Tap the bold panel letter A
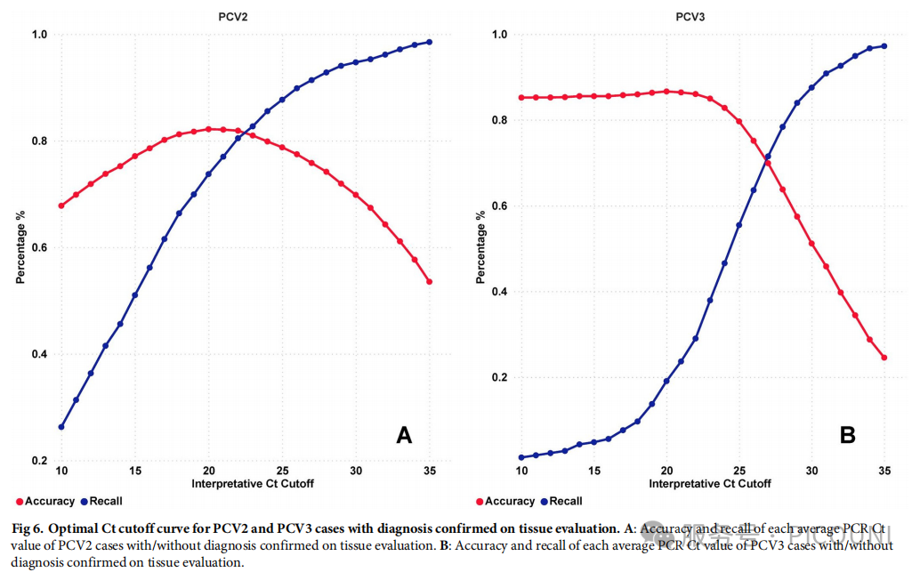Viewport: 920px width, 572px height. point(404,435)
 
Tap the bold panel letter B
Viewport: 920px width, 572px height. point(848,435)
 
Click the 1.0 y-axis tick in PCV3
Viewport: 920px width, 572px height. point(499,35)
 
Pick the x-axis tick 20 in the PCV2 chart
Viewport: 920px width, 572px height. point(208,470)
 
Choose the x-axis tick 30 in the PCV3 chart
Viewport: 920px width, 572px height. point(811,470)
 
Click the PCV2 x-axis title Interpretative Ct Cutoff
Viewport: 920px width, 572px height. point(252,484)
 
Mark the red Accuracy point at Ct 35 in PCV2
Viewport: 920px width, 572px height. point(429,282)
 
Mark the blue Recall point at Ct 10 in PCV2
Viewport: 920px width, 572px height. point(61,427)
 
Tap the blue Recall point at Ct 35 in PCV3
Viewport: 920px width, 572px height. point(884,46)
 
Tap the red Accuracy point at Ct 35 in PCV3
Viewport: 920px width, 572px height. point(884,359)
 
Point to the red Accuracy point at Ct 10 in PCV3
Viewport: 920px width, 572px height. point(521,98)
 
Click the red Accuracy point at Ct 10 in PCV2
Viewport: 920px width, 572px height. point(61,205)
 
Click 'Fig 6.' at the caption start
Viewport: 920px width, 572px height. point(29,529)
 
